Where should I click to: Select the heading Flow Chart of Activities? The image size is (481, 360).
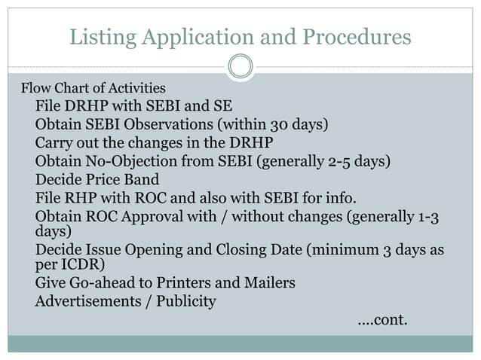click(93, 88)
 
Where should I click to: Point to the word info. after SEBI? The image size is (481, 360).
click(342, 199)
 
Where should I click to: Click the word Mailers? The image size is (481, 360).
click(268, 283)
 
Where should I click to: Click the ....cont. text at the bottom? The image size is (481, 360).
click(381, 320)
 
